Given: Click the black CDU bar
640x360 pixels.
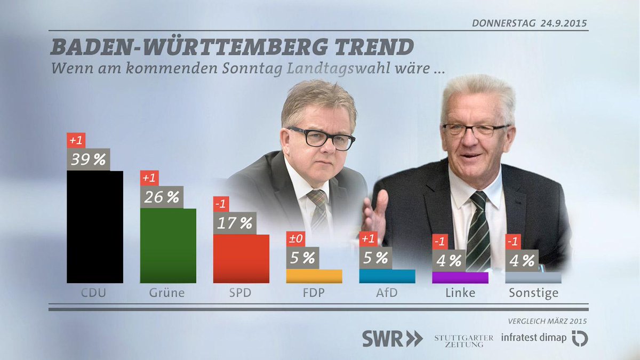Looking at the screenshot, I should (x=94, y=227).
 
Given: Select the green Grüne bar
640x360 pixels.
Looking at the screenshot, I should (x=168, y=245).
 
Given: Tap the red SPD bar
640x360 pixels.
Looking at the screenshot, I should (x=241, y=259).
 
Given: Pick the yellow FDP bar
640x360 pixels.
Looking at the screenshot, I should (x=314, y=276).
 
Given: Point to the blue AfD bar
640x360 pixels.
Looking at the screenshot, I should (x=387, y=276).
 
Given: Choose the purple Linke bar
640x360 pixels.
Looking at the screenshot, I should (x=460, y=277).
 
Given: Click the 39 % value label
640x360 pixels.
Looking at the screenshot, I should (x=88, y=159).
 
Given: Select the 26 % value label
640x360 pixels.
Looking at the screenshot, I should (x=161, y=197).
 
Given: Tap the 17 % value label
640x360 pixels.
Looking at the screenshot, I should (x=235, y=223).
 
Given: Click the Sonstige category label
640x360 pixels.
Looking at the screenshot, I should (x=533, y=293).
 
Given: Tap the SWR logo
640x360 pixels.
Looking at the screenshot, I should (x=393, y=339).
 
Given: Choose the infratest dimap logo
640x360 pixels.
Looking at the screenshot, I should (x=544, y=338).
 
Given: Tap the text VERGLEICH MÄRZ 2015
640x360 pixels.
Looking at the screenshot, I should (x=548, y=321).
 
